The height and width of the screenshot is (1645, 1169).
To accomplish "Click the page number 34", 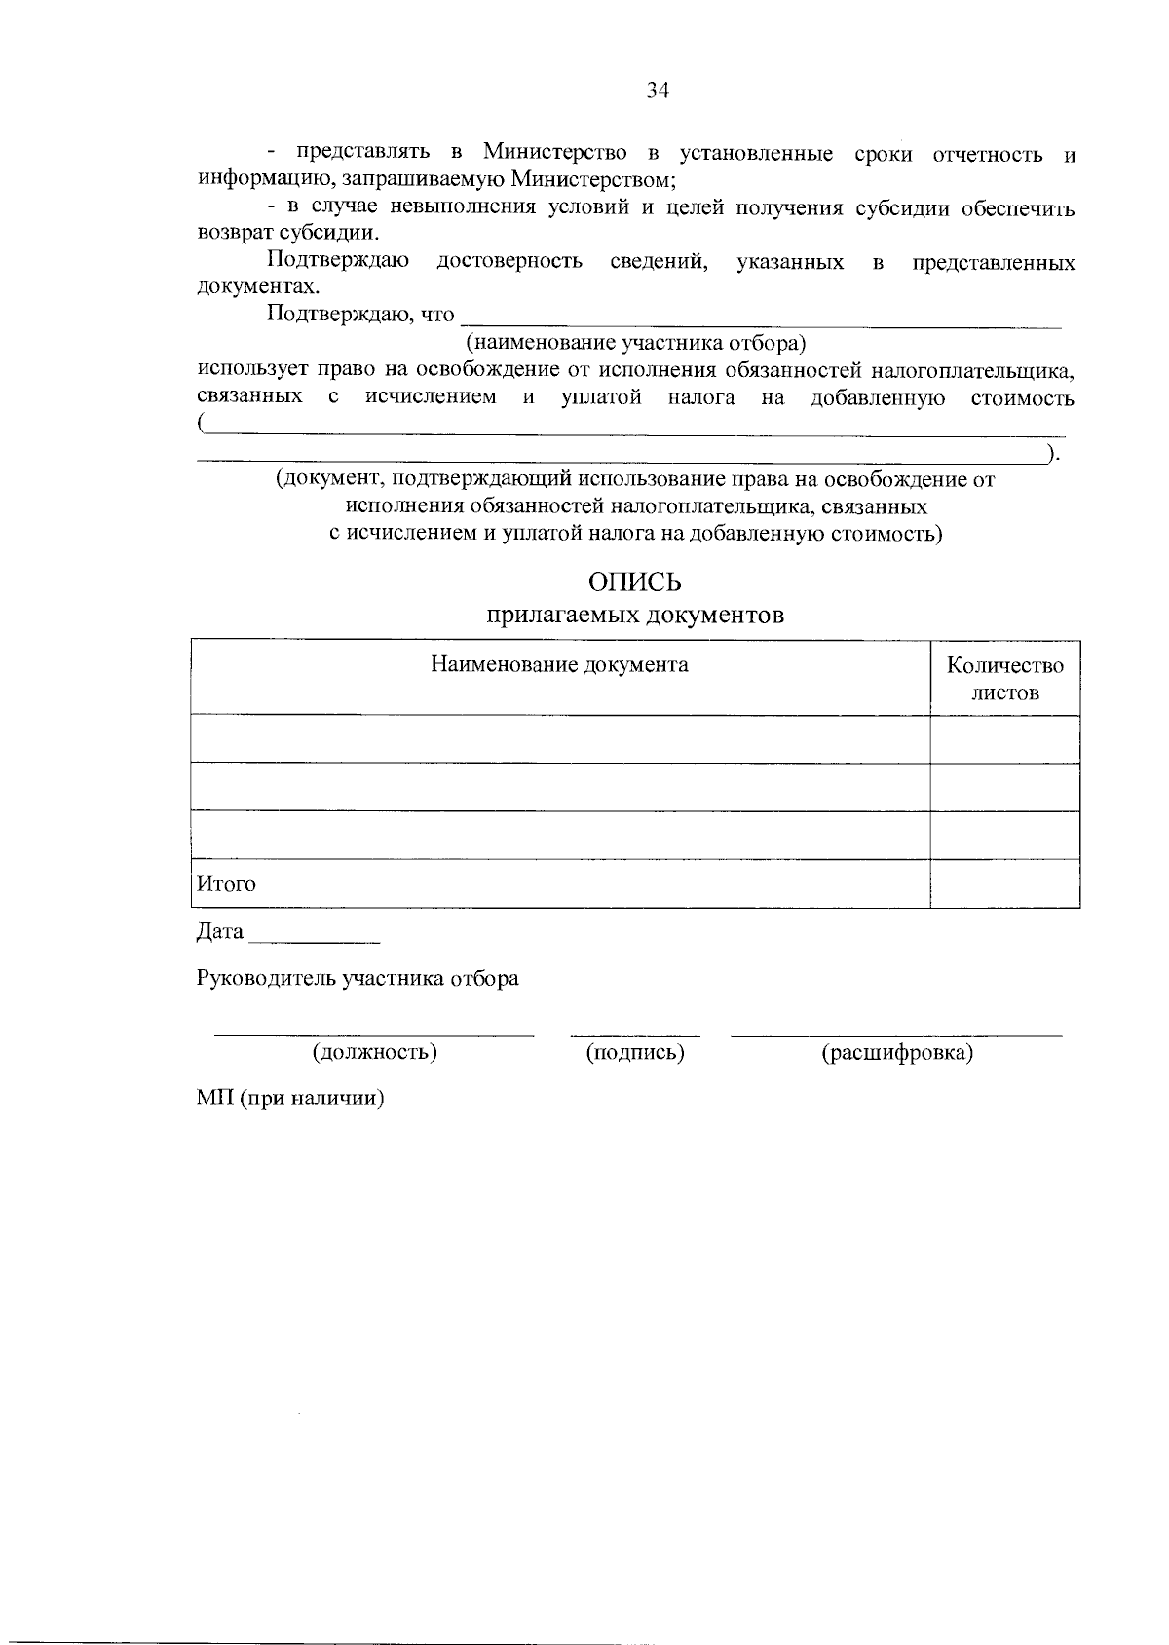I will click(659, 92).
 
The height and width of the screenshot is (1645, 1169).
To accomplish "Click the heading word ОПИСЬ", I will click(634, 582).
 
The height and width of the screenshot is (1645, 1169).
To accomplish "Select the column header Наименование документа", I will click(559, 665).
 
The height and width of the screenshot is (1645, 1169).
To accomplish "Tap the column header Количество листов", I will click(1005, 679).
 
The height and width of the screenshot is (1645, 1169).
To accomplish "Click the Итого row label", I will click(226, 884).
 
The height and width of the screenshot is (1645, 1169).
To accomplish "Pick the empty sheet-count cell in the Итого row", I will click(1005, 883).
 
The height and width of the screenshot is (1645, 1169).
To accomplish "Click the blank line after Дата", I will click(314, 941).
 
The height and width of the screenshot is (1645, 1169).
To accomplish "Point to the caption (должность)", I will click(374, 1053).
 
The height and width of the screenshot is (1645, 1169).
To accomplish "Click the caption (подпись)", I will click(635, 1053).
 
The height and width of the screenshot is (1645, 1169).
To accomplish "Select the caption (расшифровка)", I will click(897, 1053).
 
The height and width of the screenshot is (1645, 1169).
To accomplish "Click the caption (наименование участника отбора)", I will click(637, 343).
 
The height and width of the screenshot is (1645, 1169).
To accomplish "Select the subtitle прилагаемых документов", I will click(634, 616).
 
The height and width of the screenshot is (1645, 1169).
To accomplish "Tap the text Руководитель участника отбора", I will click(358, 979).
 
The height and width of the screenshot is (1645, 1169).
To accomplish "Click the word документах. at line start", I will click(258, 287).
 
